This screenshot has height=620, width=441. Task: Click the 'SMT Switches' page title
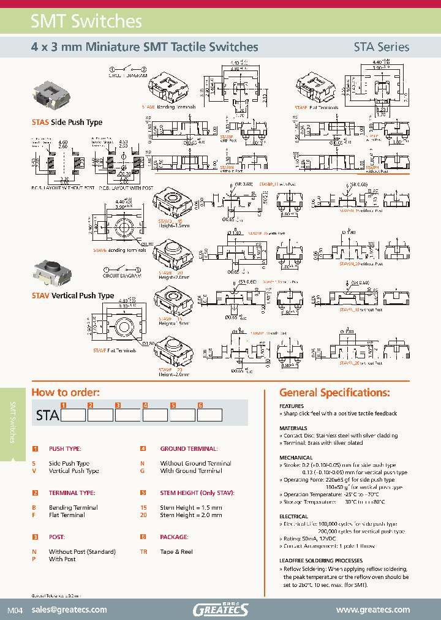[86, 21]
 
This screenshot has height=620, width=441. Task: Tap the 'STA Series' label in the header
[381, 47]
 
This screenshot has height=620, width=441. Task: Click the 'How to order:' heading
[65, 393]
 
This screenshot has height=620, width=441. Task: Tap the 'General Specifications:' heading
[334, 393]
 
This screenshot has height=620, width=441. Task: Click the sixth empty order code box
[209, 415]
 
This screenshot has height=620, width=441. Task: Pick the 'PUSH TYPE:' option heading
[66, 448]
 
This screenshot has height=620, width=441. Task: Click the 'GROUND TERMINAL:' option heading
[187, 448]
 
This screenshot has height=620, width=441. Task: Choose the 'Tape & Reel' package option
[176, 552]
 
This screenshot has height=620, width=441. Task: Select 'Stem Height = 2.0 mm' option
[191, 515]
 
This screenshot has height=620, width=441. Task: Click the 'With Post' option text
[62, 559]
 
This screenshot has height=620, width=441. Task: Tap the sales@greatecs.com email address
[69, 610]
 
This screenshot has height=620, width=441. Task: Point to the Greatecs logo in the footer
[221, 609]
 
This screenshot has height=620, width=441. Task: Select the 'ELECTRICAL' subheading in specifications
[294, 516]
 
